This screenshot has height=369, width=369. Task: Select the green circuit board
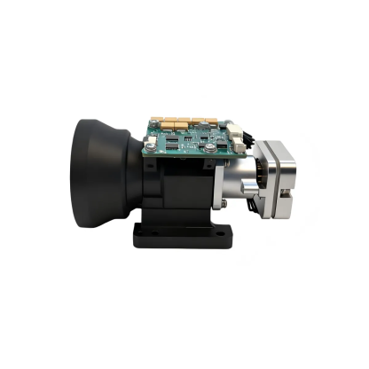coord(190,137)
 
